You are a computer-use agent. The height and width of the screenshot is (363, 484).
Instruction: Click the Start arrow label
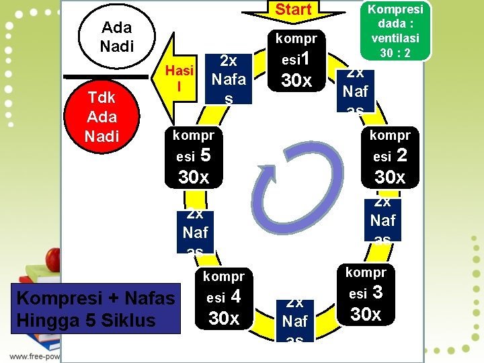coord(293,9)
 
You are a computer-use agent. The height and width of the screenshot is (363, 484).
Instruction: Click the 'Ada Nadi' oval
coord(116,36)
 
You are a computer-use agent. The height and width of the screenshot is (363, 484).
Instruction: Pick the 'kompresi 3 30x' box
coord(366,294)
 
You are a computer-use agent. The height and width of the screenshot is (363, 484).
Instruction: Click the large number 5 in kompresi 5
coord(206,155)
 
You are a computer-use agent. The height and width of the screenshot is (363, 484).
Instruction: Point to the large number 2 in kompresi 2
coord(402,155)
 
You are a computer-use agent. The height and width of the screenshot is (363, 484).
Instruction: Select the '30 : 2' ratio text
coord(394,51)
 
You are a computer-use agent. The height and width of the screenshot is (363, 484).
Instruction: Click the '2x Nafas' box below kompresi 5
coord(195,230)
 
